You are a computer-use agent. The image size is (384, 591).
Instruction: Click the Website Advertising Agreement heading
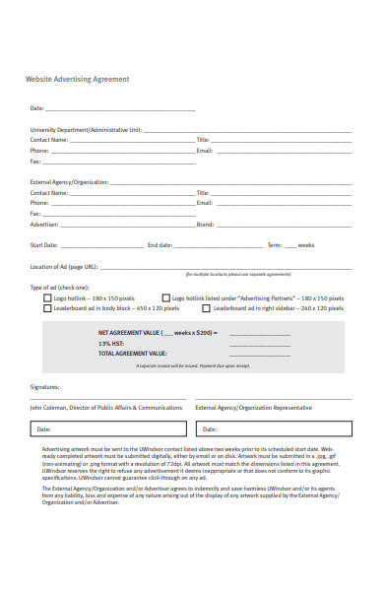pos(77,79)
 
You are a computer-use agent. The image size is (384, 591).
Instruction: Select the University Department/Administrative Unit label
pos(86,129)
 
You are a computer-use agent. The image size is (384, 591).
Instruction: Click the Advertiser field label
pos(44,224)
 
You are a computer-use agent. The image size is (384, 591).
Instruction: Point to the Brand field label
pos(206,224)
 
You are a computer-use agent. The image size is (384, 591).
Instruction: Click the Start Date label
pos(44,244)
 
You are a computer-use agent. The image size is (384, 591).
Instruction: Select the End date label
pos(160,244)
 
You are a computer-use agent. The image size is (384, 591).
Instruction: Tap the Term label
pos(275,244)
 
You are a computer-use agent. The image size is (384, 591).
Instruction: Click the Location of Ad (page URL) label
pos(64,266)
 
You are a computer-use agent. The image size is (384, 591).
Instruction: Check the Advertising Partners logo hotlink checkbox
pos(165,297)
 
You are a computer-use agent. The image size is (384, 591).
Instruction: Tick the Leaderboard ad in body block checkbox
pos(47,308)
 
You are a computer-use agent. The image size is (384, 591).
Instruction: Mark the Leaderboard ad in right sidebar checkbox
pos(207,308)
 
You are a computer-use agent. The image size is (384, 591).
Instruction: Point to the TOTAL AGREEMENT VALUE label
pos(133,353)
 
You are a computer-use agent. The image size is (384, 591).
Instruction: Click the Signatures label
pos(45,387)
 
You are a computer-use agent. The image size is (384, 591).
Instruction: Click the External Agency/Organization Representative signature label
pos(253,407)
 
